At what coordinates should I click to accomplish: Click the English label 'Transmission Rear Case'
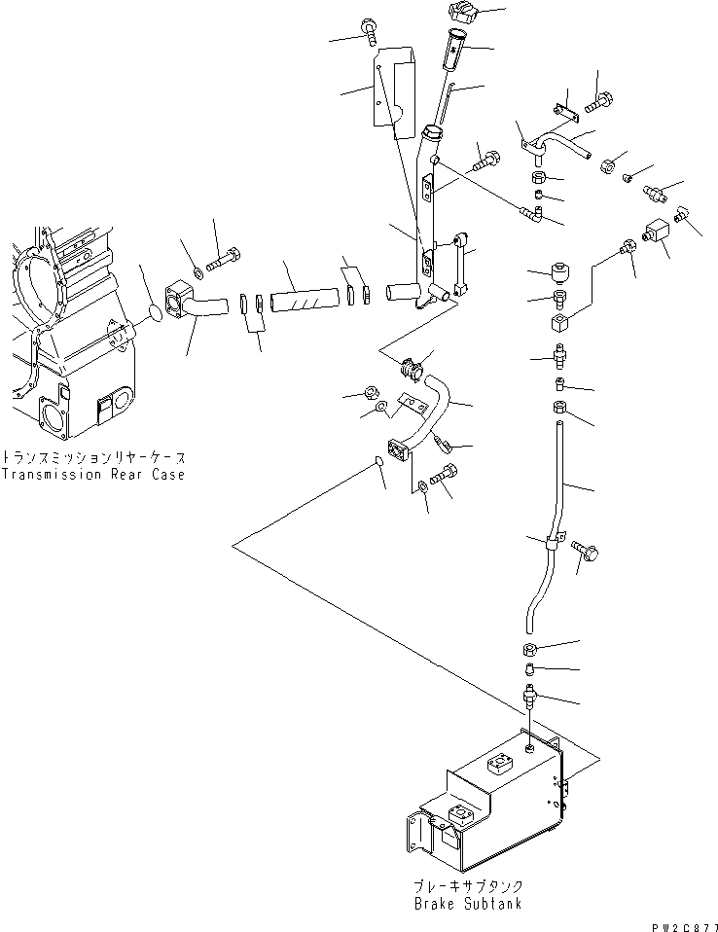[x=92, y=475]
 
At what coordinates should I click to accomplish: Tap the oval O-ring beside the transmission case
[x=154, y=311]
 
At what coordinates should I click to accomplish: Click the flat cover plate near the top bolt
[x=394, y=85]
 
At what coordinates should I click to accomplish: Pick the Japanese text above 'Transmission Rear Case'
[x=92, y=456]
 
